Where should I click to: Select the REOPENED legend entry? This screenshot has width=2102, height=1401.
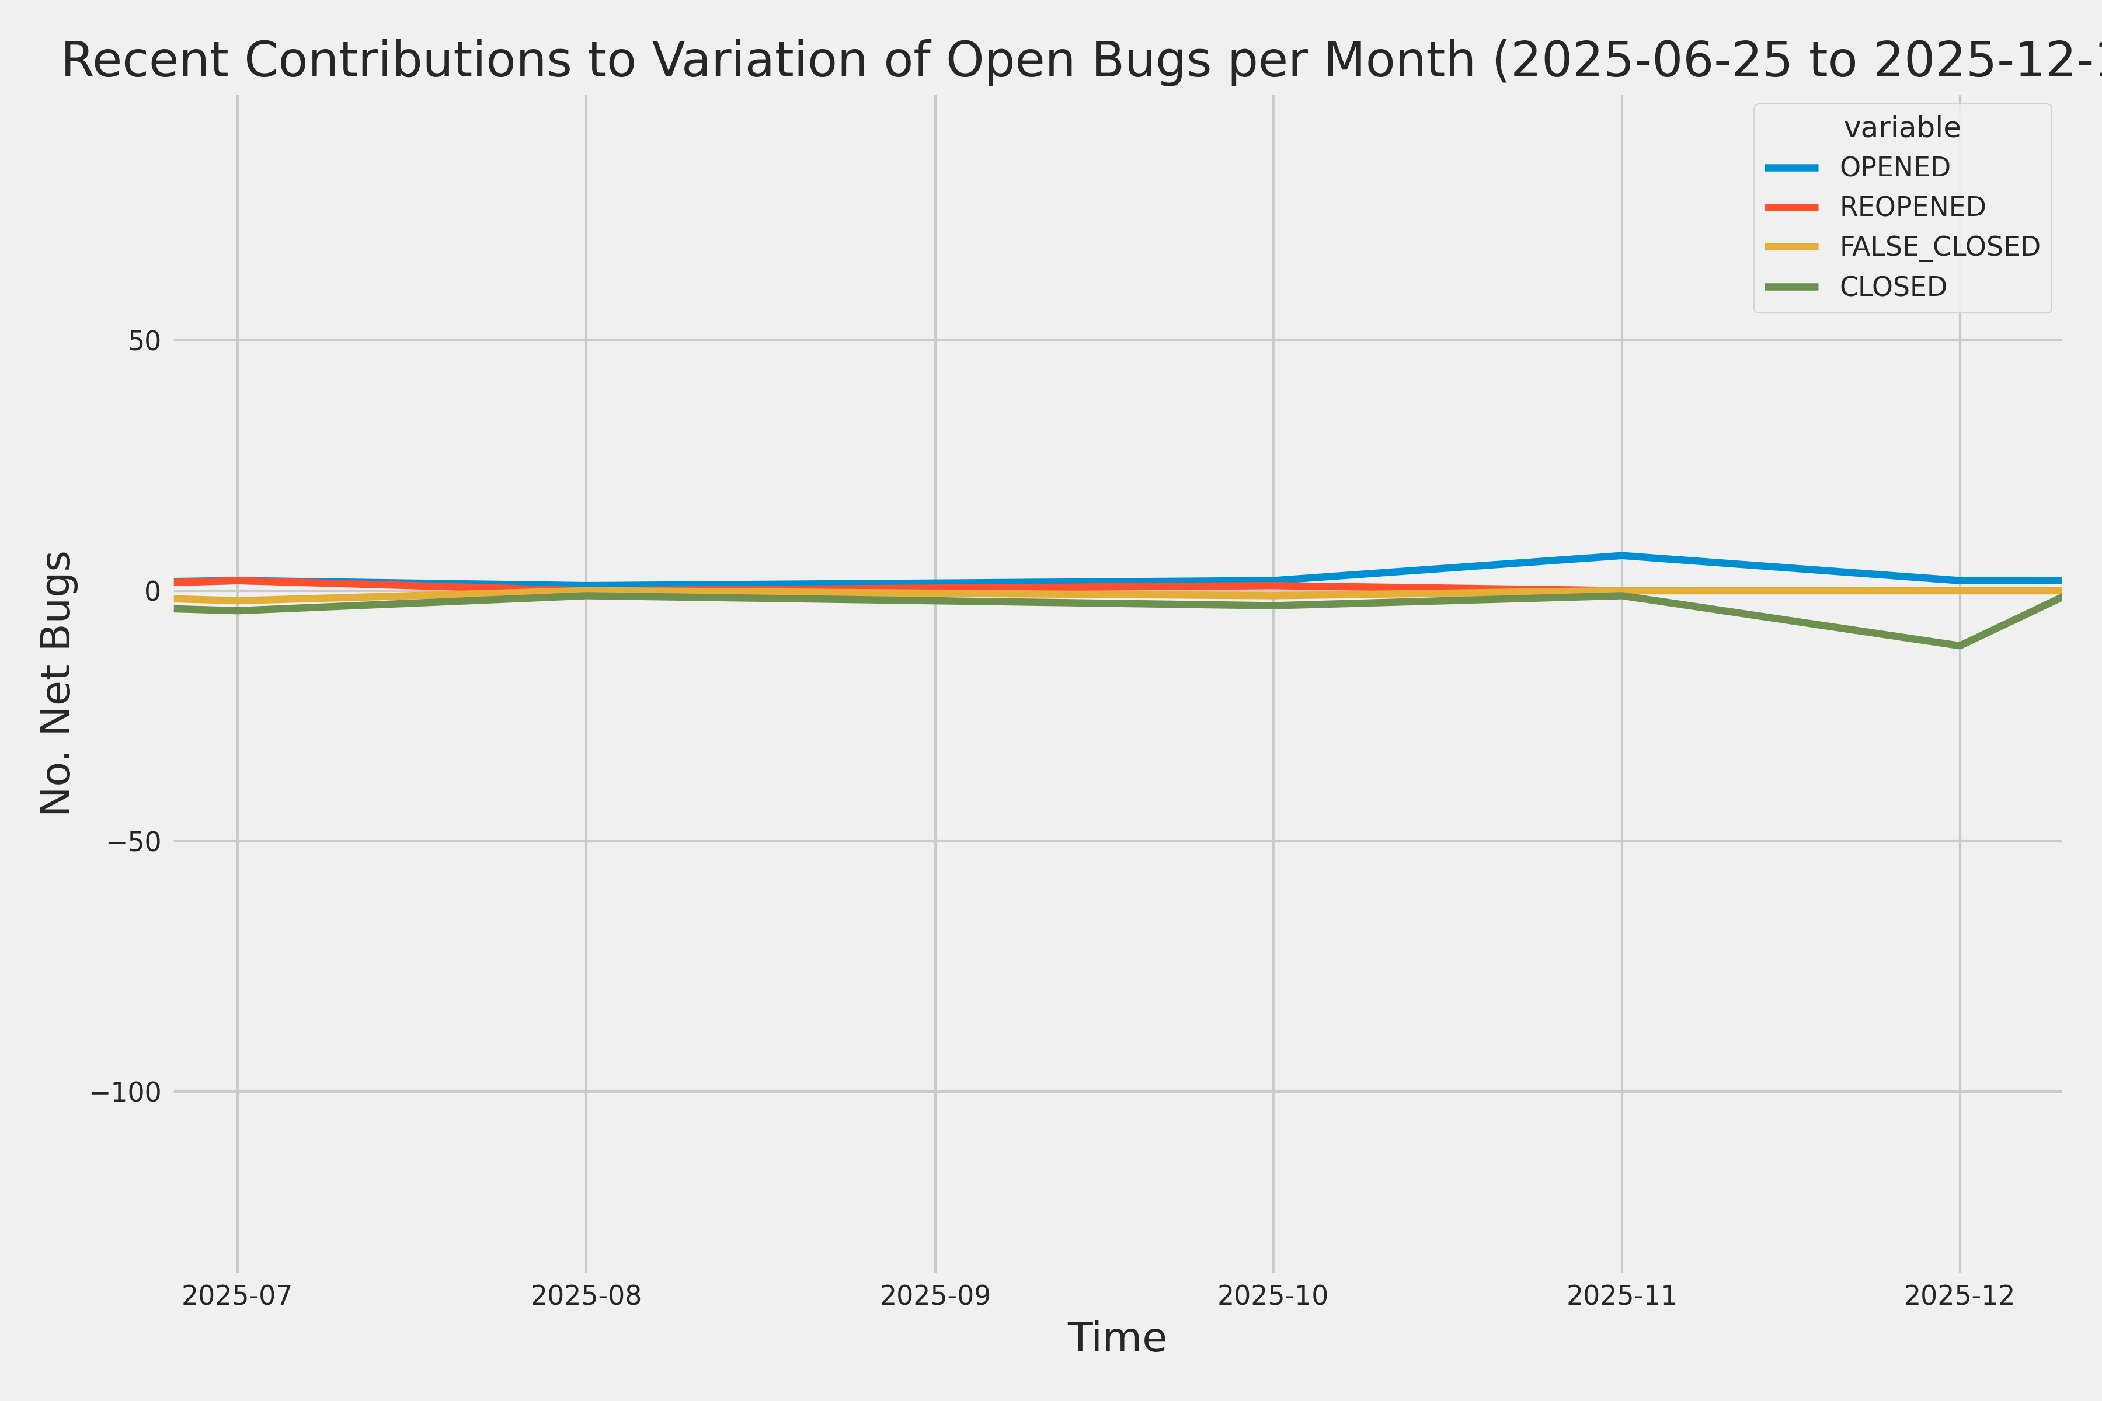coord(1912,207)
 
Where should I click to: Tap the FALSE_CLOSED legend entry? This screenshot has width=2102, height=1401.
coord(1939,246)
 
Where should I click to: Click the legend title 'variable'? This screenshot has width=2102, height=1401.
coord(1902,128)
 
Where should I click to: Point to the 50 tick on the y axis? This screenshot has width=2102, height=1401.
coord(144,340)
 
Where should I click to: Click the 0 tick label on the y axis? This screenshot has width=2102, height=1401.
coord(152,591)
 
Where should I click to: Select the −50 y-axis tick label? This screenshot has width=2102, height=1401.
coord(134,842)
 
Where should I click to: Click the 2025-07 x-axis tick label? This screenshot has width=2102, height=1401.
coord(237,1295)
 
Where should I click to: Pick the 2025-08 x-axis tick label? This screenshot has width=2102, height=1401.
coord(586,1295)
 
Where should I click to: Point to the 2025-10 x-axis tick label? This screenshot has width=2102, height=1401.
coord(1273,1295)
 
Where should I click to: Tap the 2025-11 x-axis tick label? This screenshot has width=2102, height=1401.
coord(1621,1295)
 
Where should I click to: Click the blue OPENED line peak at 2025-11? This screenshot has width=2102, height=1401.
coord(1621,556)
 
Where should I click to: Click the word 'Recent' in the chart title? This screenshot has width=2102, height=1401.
coord(145,61)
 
